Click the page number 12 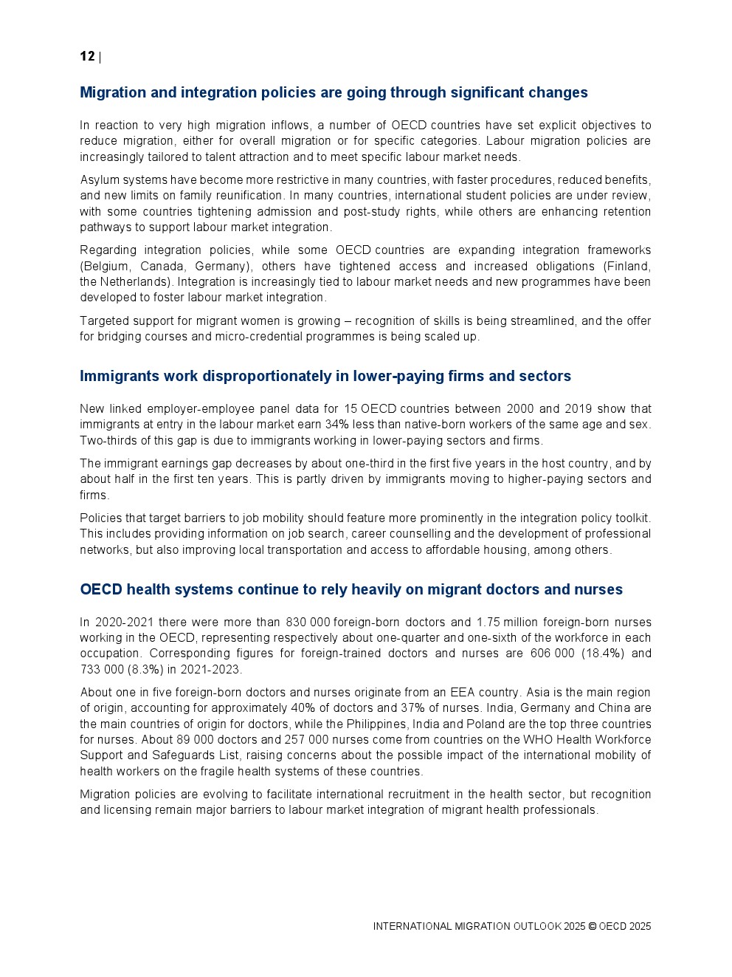click(87, 57)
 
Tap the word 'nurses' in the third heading click(601, 590)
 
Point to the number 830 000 click(308, 623)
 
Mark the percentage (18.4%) click(588, 654)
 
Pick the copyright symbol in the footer click(592, 927)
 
